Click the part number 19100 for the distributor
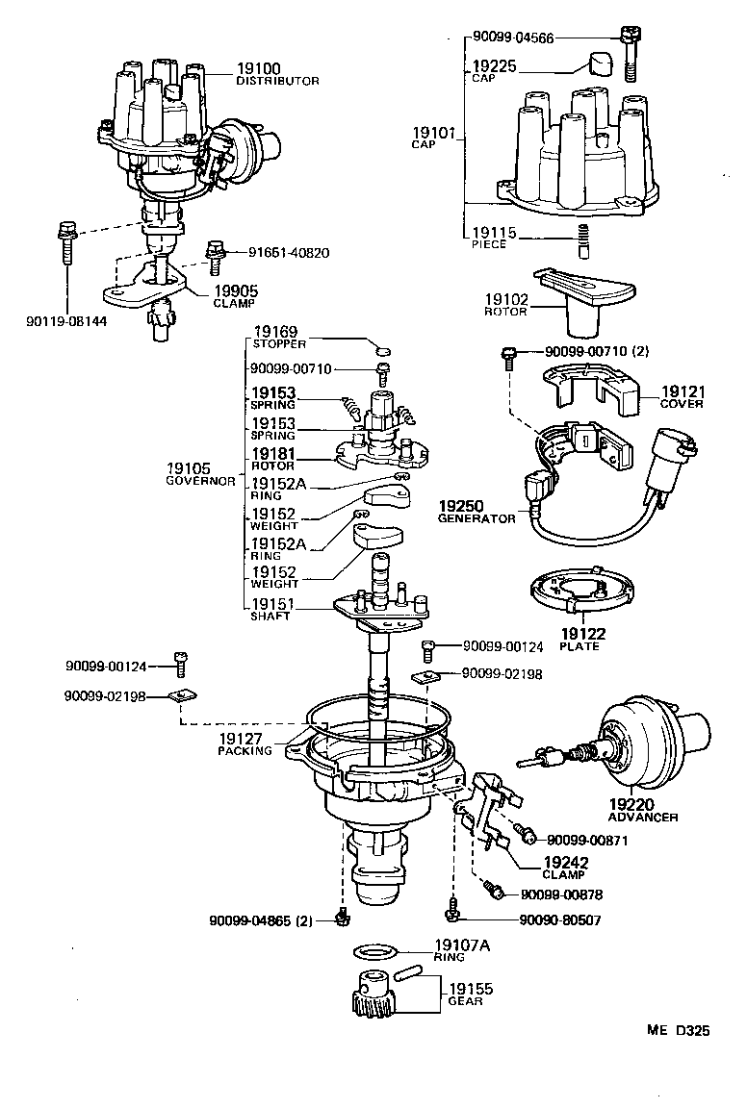click(258, 68)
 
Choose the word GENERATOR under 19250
click(477, 517)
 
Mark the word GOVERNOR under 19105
click(200, 480)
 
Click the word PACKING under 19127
click(245, 751)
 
